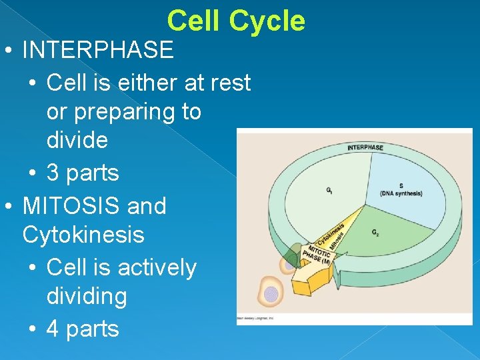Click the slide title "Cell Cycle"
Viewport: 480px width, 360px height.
coord(236,21)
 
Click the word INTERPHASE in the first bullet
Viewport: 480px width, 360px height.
coord(97,49)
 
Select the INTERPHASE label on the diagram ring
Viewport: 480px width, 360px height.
coord(365,147)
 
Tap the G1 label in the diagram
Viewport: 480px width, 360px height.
coord(329,191)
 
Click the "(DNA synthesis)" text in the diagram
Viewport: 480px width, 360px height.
coord(401,193)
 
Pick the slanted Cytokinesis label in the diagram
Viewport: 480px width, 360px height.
coord(331,231)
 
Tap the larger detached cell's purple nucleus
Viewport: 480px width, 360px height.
coord(271,294)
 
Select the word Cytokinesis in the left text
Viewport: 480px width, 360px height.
coord(83,235)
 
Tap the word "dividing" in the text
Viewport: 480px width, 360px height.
coord(87,296)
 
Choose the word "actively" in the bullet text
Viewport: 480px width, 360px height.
coord(157,267)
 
